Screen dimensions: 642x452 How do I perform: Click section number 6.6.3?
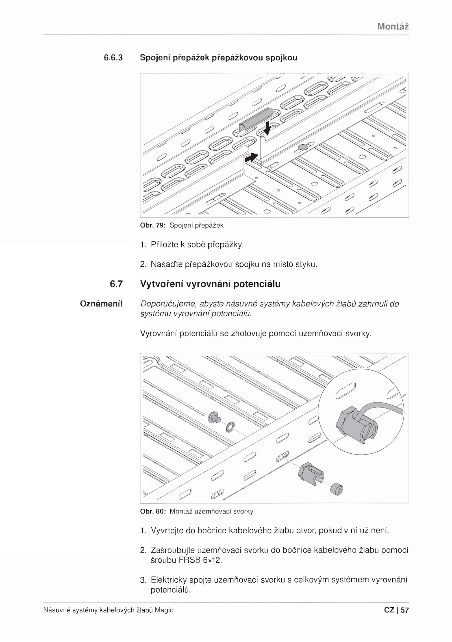(113, 58)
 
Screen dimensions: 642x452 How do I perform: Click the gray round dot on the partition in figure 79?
(303, 147)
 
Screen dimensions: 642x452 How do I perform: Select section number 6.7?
(116, 284)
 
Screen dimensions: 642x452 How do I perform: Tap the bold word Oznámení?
(101, 304)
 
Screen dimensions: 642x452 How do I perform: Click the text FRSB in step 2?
(190, 560)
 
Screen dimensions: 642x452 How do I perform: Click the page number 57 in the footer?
(405, 610)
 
